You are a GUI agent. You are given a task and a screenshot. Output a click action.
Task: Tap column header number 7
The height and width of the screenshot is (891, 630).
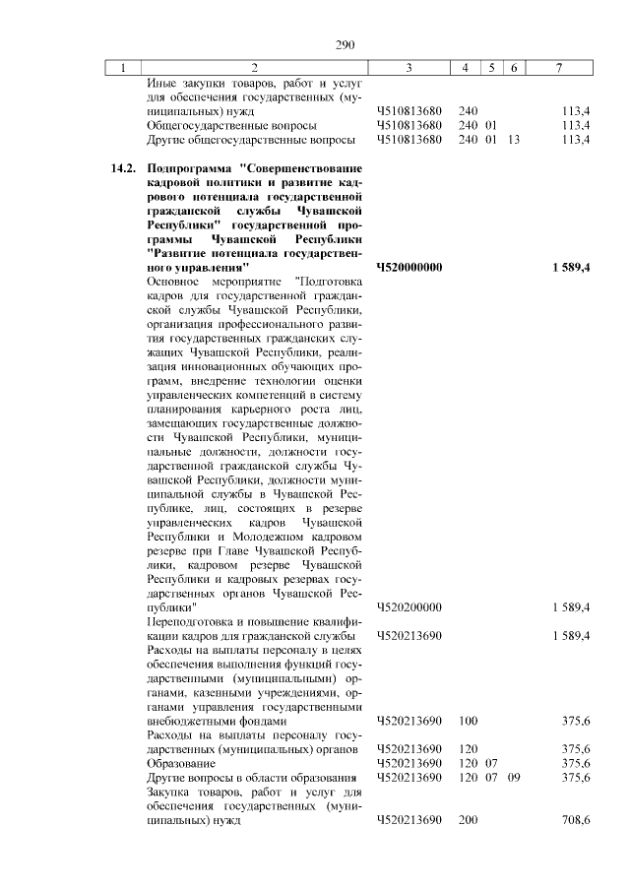click(559, 67)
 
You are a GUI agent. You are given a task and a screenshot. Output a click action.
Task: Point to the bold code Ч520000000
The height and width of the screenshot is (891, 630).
click(409, 267)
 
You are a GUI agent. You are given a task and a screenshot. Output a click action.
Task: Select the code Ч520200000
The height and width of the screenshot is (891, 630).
click(409, 607)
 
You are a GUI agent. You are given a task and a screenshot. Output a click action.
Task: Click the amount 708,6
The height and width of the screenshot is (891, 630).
click(574, 819)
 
